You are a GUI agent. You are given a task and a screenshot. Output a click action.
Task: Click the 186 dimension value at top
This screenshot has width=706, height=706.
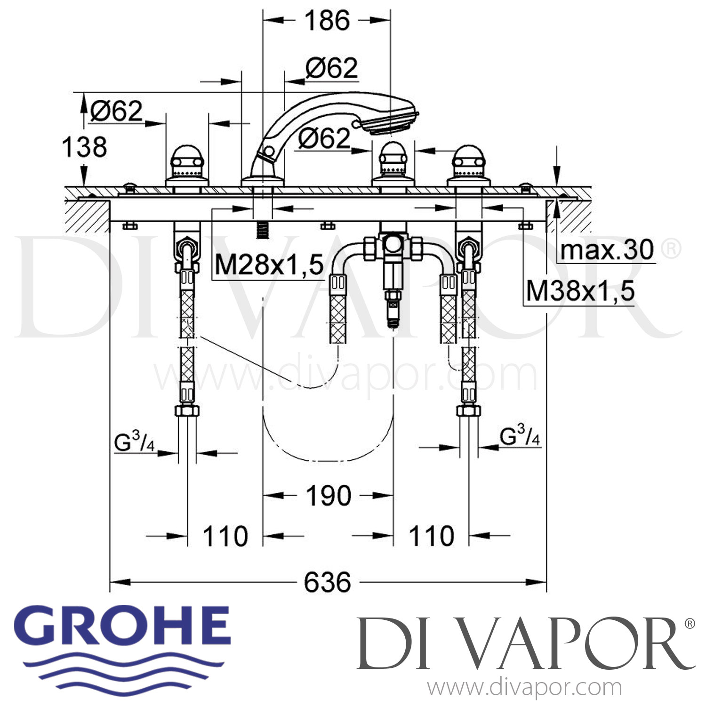tap(327, 21)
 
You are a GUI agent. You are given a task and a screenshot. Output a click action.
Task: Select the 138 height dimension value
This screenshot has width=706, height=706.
tap(85, 147)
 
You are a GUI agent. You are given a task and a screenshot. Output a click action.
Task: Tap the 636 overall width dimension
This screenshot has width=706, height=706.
tap(328, 582)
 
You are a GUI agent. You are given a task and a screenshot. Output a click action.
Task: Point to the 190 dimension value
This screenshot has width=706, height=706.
tap(329, 496)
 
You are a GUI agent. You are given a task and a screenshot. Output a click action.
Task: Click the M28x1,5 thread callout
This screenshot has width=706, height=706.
tap(269, 265)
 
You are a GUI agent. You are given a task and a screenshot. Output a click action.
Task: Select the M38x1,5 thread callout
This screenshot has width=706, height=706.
tap(580, 291)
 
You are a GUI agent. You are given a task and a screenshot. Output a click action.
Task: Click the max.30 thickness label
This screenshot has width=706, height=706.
tap(607, 250)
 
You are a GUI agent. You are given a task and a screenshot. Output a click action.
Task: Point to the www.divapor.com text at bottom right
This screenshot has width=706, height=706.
tap(524, 688)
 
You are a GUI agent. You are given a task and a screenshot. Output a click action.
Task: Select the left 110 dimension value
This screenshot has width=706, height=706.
tap(225, 536)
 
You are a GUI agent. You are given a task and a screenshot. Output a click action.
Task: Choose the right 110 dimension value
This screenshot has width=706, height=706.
tap(431, 536)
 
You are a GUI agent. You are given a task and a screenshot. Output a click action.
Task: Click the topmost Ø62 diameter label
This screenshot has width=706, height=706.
tap(331, 68)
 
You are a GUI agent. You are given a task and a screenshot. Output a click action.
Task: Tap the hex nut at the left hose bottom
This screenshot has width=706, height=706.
tap(187, 410)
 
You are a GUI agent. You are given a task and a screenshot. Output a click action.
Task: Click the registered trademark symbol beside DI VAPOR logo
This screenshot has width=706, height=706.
tap(689, 624)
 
